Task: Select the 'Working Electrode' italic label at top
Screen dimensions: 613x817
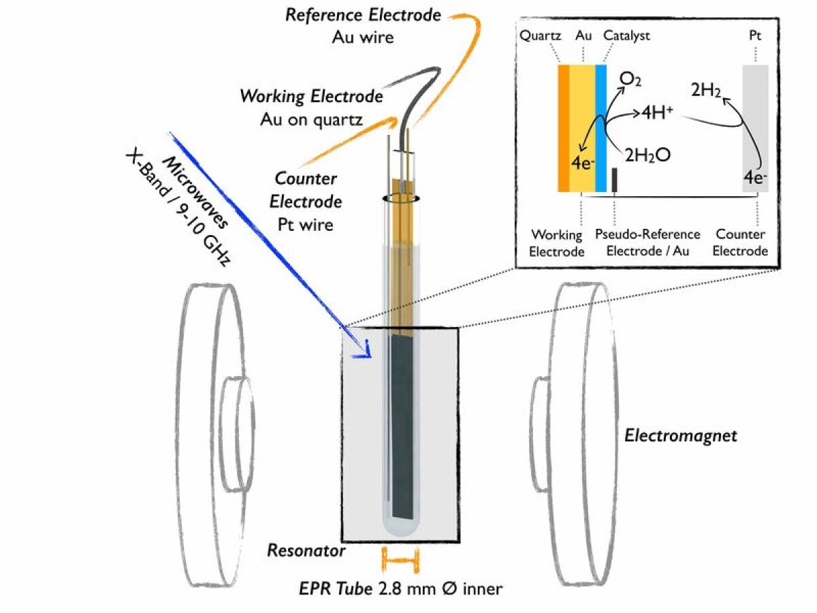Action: (311, 97)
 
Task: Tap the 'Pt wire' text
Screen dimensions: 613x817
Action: (306, 223)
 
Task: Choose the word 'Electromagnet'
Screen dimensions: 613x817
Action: (680, 436)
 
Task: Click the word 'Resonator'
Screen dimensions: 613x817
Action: (306, 550)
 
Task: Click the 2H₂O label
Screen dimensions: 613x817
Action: (649, 155)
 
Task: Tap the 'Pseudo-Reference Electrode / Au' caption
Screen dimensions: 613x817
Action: (647, 242)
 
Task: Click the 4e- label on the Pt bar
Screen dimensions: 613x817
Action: (755, 179)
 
